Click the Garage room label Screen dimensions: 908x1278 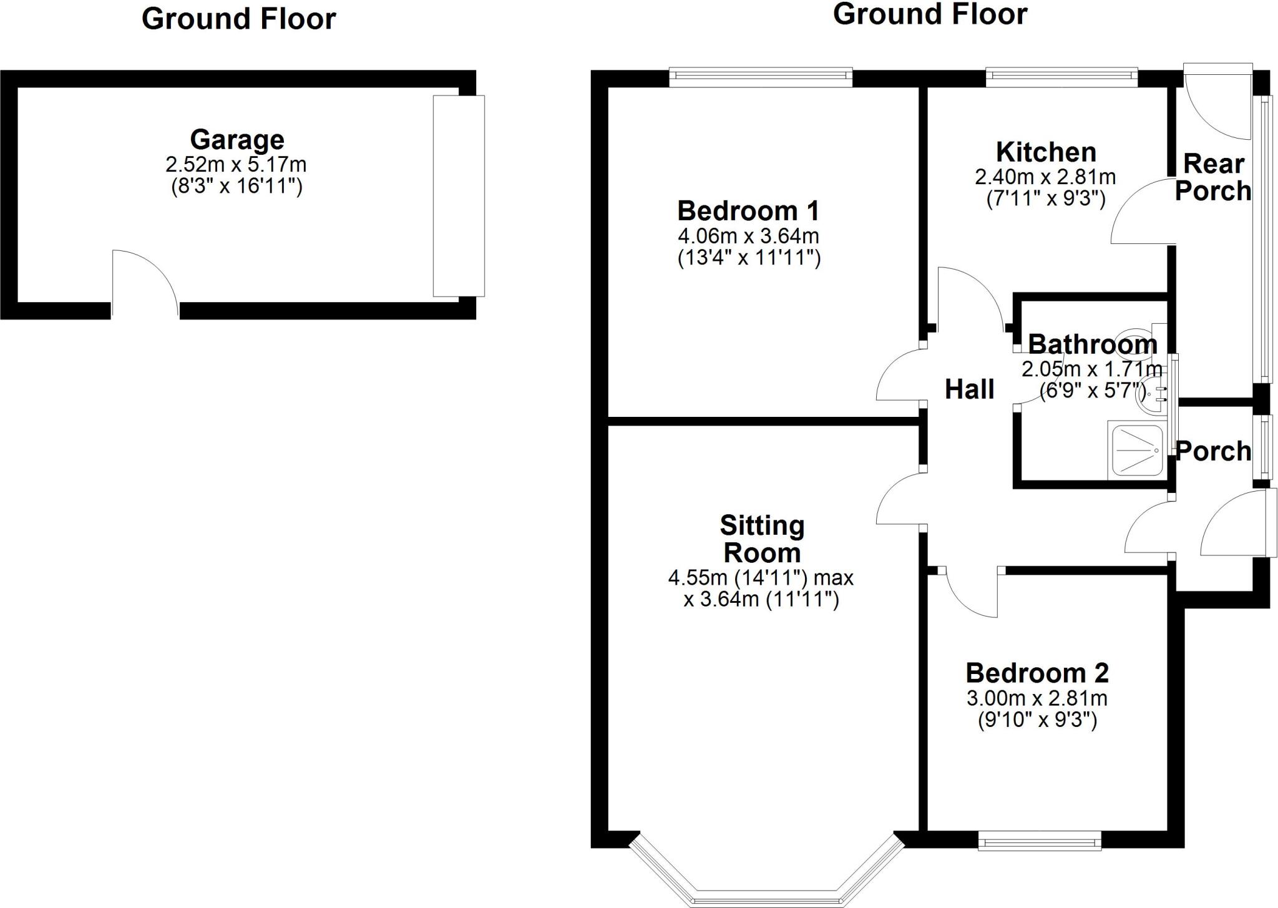(x=237, y=139)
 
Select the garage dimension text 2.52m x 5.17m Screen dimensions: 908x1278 (x=236, y=165)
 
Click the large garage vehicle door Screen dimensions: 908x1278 (x=459, y=195)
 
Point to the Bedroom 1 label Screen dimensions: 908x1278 (x=748, y=211)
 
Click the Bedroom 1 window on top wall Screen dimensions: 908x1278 (x=761, y=77)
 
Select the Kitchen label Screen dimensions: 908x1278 (x=1046, y=152)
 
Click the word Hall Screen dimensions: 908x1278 (x=969, y=389)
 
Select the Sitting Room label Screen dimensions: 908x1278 (x=762, y=539)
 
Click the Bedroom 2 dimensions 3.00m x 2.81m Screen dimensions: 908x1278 (x=1037, y=698)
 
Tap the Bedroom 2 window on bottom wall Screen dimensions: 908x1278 (x=1040, y=843)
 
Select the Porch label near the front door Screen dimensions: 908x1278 (x=1213, y=451)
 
